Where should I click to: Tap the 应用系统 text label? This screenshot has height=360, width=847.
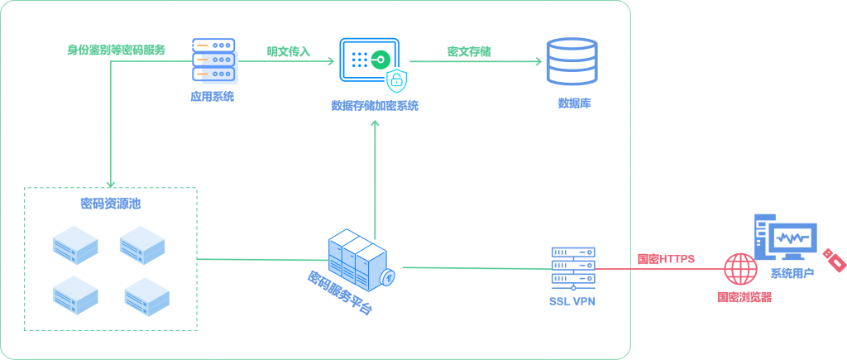click(213, 97)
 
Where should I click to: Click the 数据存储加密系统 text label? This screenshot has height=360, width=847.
click(375, 106)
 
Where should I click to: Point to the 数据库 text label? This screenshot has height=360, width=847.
click(574, 103)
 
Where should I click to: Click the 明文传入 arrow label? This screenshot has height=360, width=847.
click(288, 51)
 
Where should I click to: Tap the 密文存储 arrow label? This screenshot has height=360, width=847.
click(469, 51)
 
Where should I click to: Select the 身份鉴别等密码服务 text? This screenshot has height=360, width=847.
click(116, 50)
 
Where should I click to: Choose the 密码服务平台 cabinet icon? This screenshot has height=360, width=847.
click(361, 257)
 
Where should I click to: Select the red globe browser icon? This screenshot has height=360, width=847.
click(740, 269)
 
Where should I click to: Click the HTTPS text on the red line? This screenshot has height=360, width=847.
click(666, 259)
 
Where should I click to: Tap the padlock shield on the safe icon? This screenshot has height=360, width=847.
click(398, 80)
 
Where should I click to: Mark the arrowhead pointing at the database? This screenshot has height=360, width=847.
click(536, 61)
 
